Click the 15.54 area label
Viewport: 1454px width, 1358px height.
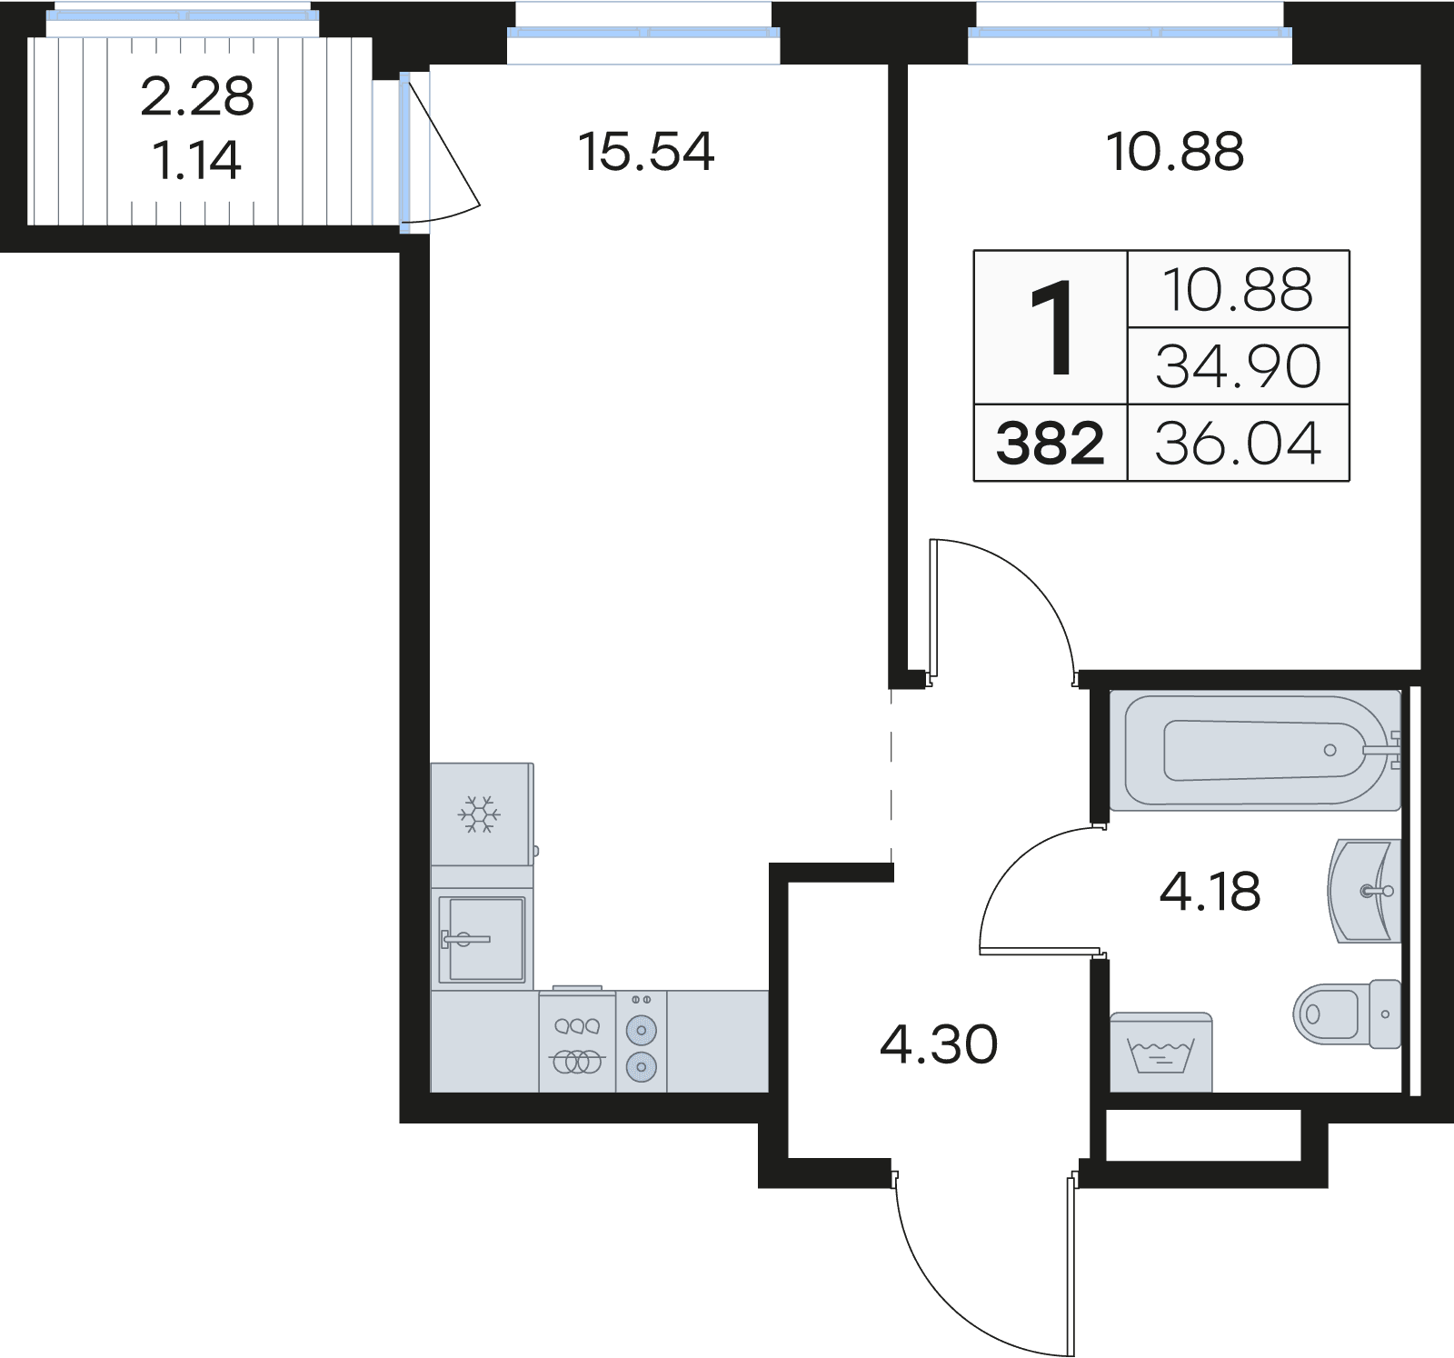646,152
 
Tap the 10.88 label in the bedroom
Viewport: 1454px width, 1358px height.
1174,152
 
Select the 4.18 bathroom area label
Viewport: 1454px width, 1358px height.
1210,892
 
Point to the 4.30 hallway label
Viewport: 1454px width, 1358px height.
939,1044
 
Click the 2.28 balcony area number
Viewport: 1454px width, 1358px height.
197,96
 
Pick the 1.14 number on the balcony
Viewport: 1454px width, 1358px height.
197,161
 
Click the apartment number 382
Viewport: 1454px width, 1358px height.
1050,444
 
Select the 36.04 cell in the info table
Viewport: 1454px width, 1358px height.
1238,444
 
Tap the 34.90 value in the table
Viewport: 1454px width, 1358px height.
1238,366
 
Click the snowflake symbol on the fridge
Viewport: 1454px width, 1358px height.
479,814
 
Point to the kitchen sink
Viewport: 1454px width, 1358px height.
482,939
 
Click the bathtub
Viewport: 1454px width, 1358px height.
1254,750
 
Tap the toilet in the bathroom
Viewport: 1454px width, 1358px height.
1345,1014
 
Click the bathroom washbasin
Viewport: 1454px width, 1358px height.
1363,891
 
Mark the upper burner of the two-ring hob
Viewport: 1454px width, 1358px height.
642,1030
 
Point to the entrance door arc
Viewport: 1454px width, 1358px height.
963,1291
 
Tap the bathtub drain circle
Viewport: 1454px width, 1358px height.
1330,750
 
